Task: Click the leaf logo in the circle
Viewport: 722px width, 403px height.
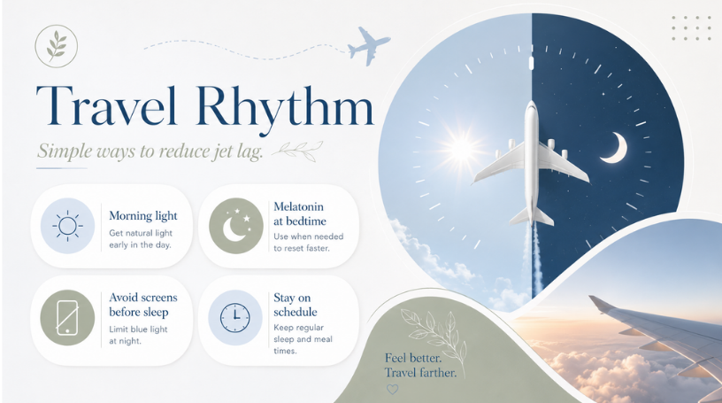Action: (56, 46)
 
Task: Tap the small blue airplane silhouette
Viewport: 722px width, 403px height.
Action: (368, 46)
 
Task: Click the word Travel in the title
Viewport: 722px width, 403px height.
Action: (106, 105)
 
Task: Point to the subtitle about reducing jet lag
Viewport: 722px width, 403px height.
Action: (150, 151)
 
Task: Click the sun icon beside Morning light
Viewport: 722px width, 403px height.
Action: (67, 226)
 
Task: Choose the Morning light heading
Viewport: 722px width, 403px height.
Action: (143, 215)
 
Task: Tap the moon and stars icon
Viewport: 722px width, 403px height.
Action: (236, 226)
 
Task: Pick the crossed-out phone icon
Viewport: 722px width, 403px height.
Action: (67, 317)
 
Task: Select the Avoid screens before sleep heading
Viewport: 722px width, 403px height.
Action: (143, 305)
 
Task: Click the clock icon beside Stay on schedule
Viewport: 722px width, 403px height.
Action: (234, 318)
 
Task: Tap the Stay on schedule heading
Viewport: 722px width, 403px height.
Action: (296, 305)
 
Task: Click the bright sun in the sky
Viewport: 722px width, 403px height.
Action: (461, 148)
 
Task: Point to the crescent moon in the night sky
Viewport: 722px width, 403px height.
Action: (615, 148)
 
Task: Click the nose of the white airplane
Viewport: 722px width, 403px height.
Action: (532, 103)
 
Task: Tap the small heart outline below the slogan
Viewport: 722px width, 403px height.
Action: (392, 389)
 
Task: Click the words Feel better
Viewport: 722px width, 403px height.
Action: (413, 358)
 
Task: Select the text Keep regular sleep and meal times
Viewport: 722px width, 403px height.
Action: (303, 339)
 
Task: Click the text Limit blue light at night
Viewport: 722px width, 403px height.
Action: (138, 335)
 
